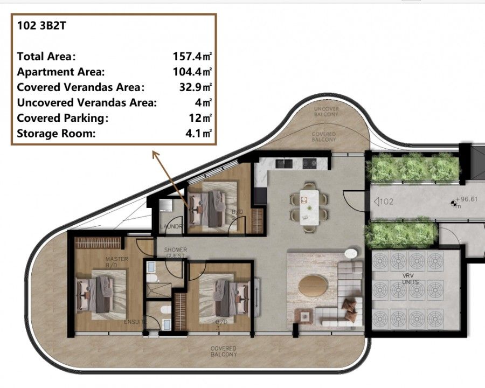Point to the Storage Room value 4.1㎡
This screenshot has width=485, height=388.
tap(198, 134)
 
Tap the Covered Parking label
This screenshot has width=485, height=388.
tap(63, 118)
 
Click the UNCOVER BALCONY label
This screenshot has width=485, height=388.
tap(327, 112)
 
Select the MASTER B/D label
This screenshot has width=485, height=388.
tap(116, 262)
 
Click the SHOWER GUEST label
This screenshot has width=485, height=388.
tap(175, 252)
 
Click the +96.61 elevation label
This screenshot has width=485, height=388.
tap(467, 199)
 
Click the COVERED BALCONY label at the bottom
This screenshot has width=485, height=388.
tap(223, 351)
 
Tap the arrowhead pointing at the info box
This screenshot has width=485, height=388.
tap(154, 154)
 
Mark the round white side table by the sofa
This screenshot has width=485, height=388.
tap(351, 253)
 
